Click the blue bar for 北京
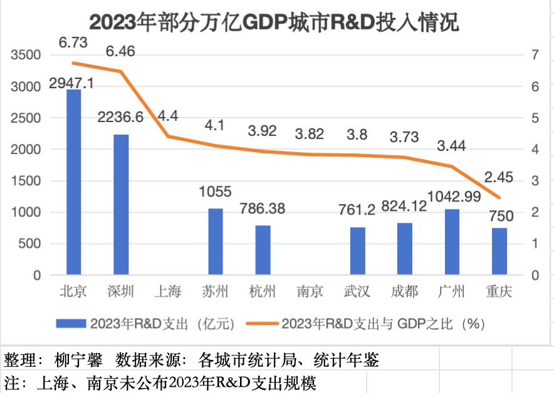click(x=74, y=182)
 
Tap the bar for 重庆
click(x=499, y=251)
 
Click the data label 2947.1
click(x=74, y=83)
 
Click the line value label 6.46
click(x=121, y=51)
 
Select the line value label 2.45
click(x=499, y=177)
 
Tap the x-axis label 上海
click(x=167, y=292)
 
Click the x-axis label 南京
click(x=310, y=292)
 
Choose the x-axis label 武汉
click(x=357, y=292)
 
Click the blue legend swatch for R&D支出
click(x=70, y=324)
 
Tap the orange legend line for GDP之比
click(x=261, y=324)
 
